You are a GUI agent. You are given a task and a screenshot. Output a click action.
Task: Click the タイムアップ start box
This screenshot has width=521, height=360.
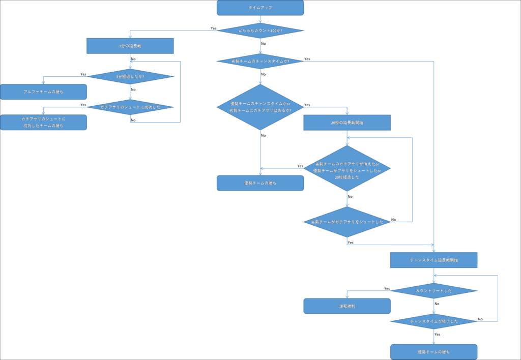(x=260, y=8)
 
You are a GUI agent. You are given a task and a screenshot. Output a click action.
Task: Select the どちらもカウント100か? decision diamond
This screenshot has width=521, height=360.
(x=260, y=31)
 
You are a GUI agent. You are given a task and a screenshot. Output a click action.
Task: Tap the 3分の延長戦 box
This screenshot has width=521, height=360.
(x=130, y=46)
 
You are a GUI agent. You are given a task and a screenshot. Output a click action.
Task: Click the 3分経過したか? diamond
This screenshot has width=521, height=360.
(x=130, y=77)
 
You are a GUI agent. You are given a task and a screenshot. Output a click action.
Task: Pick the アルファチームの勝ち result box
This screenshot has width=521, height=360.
(x=43, y=92)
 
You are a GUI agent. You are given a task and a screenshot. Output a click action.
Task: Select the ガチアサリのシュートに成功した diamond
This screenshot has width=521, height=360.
(x=130, y=107)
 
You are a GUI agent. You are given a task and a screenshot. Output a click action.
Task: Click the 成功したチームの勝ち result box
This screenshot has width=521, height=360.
(x=43, y=122)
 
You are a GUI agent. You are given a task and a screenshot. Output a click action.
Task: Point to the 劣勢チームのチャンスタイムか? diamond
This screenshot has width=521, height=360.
(x=260, y=61)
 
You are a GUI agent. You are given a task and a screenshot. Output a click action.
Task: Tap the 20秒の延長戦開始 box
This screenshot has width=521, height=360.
(x=347, y=123)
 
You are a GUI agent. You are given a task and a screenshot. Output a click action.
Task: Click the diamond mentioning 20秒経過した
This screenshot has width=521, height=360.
(x=347, y=168)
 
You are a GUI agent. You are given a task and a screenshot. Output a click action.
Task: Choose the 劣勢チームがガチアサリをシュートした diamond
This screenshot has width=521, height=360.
(x=347, y=222)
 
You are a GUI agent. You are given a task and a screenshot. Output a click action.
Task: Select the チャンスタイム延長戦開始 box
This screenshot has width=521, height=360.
(x=433, y=260)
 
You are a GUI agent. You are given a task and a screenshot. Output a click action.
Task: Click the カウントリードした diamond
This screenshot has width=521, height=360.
(x=433, y=291)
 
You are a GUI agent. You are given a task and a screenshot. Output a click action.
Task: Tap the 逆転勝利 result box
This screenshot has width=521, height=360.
(x=347, y=306)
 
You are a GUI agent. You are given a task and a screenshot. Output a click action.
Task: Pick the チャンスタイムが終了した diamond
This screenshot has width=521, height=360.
(x=433, y=321)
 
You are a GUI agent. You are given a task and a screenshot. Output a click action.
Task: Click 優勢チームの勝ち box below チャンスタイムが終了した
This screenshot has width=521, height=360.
(x=433, y=352)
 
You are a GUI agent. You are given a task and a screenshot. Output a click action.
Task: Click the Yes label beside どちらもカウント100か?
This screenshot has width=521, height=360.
(x=214, y=28)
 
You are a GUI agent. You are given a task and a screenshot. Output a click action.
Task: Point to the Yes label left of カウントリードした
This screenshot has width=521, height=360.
(x=387, y=288)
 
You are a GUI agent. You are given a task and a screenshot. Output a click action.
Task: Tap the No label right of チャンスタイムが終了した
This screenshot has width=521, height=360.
(x=480, y=319)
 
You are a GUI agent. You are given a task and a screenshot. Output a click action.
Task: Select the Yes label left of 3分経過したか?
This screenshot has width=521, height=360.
(x=83, y=74)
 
